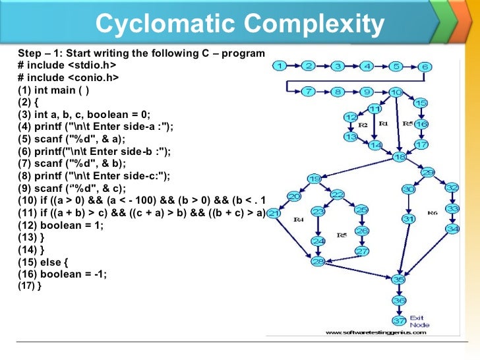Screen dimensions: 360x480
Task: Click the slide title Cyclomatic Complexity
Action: click(x=240, y=24)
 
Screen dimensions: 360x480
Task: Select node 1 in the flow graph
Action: click(x=280, y=66)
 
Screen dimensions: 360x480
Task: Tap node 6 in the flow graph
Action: click(x=425, y=67)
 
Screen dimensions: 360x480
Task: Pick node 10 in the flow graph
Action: click(x=396, y=92)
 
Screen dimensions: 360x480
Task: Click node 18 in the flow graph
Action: click(x=400, y=157)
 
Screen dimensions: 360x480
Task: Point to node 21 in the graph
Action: click(x=274, y=213)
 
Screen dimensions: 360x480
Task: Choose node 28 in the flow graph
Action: click(x=318, y=262)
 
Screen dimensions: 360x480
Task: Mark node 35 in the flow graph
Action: click(x=398, y=280)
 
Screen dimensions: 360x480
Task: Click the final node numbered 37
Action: click(x=399, y=321)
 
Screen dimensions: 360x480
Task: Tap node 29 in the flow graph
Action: click(x=428, y=173)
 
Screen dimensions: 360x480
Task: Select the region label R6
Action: click(x=433, y=213)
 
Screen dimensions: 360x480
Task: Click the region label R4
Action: click(x=299, y=219)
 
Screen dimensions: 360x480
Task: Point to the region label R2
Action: click(x=362, y=125)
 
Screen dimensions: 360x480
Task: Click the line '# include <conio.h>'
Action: click(x=69, y=78)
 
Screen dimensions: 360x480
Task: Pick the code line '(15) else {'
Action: click(x=43, y=262)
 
